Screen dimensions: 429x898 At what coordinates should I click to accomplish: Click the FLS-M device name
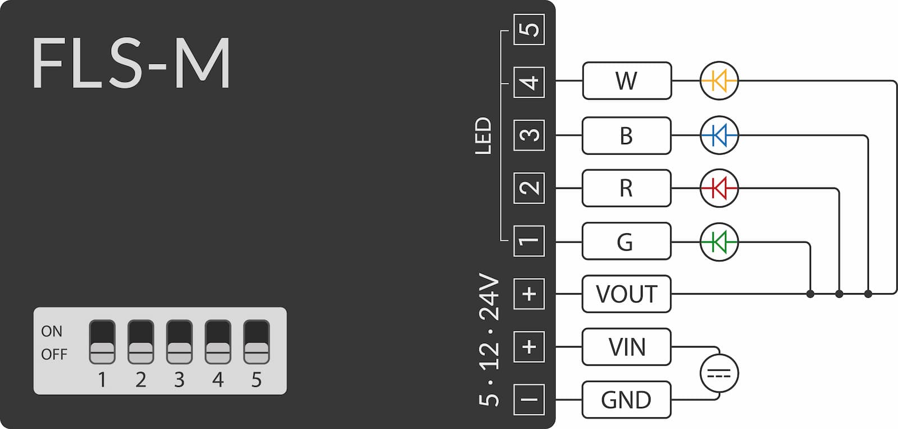click(x=131, y=63)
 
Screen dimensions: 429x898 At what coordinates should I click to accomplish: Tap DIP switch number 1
click(x=102, y=342)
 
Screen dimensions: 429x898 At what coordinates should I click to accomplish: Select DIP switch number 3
click(x=179, y=342)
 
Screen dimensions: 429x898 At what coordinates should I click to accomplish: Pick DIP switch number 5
click(x=256, y=342)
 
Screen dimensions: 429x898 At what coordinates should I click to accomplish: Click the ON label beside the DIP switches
click(x=52, y=331)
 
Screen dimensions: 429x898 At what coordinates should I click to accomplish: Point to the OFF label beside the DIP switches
click(x=54, y=354)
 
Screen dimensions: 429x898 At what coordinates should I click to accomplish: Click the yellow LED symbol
click(x=719, y=81)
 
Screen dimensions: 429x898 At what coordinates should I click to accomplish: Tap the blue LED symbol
click(x=719, y=135)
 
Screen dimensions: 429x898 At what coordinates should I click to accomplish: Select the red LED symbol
click(x=719, y=188)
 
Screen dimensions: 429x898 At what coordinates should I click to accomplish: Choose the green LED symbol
click(x=719, y=242)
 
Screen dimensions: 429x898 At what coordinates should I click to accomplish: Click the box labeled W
click(x=626, y=81)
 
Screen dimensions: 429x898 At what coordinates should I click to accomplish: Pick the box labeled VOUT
click(x=626, y=294)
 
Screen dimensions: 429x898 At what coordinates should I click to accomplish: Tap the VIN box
click(x=626, y=347)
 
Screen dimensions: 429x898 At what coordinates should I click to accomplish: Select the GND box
click(x=626, y=400)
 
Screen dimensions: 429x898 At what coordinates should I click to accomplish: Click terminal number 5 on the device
click(x=529, y=30)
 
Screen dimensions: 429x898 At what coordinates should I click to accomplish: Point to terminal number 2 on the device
click(x=529, y=188)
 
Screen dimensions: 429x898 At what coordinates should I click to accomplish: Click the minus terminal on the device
click(x=529, y=400)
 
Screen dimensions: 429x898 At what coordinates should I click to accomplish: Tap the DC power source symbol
click(x=719, y=373)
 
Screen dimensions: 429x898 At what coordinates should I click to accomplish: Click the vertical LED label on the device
click(x=483, y=135)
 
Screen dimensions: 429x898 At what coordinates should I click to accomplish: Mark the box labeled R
click(x=626, y=188)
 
